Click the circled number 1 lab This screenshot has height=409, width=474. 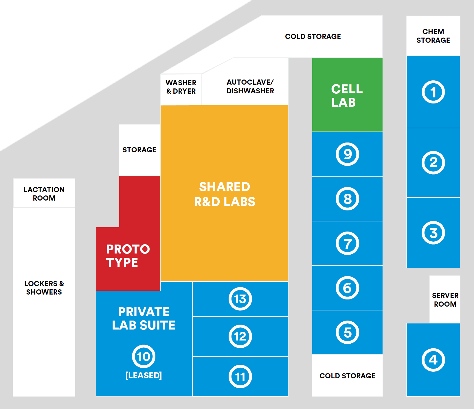point(433,92)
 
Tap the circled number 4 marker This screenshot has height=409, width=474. point(433,360)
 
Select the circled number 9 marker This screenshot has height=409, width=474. point(347,154)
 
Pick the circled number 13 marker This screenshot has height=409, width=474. point(240,299)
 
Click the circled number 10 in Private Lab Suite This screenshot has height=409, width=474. point(144,356)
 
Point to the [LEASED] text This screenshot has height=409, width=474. point(144,375)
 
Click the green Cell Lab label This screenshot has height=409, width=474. point(347,95)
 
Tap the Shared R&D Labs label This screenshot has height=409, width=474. point(225,194)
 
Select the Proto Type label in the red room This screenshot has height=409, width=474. point(128,256)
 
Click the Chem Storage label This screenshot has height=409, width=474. point(433,36)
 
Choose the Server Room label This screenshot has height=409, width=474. point(445,300)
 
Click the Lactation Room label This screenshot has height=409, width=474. point(44,194)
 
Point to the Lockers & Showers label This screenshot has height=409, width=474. point(44,288)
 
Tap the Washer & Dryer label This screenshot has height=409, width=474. point(181,87)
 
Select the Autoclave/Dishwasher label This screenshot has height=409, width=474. point(250,86)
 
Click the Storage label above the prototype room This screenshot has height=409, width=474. point(139,150)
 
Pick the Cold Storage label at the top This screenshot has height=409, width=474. point(313,36)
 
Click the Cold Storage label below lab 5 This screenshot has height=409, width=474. point(347,376)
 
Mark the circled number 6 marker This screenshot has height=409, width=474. point(347,288)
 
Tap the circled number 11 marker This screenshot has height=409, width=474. point(240,377)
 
